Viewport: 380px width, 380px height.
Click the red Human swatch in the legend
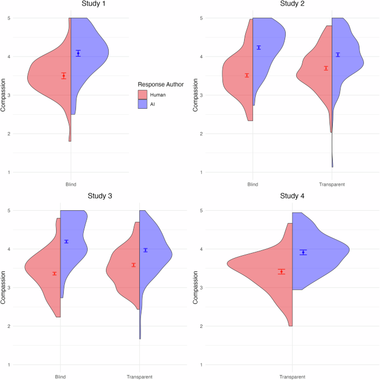(x=143, y=95)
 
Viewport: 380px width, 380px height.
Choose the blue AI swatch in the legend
(x=143, y=104)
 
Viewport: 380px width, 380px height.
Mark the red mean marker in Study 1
(x=64, y=76)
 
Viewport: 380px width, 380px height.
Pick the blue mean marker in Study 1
(x=78, y=53)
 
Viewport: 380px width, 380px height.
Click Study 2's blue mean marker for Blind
(x=259, y=48)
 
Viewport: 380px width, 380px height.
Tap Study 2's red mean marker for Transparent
(x=326, y=68)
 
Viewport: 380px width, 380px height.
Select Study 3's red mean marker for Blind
(x=54, y=273)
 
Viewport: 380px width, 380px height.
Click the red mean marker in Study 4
(x=282, y=271)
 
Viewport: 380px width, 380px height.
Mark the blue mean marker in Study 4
(x=303, y=252)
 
